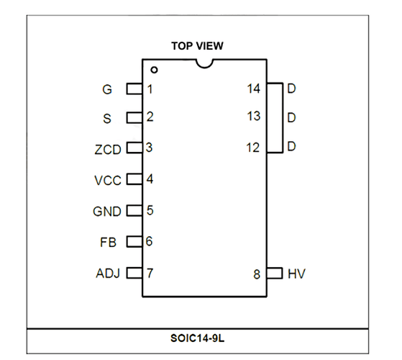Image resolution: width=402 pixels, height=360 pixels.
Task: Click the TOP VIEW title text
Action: click(197, 46)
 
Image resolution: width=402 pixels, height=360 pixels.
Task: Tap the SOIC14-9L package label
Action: click(198, 338)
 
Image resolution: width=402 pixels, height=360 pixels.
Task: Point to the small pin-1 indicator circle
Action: click(154, 70)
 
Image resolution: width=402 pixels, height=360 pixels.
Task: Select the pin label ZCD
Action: click(108, 150)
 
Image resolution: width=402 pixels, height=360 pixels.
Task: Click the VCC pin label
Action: click(108, 181)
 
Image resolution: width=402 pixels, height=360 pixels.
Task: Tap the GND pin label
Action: click(107, 212)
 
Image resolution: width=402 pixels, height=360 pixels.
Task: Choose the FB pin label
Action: click(108, 243)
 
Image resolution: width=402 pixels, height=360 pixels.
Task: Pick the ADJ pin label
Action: click(108, 274)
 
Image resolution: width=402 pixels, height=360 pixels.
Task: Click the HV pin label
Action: click(296, 274)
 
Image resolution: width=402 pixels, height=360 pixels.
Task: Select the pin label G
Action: click(107, 89)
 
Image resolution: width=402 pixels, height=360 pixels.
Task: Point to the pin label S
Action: click(107, 119)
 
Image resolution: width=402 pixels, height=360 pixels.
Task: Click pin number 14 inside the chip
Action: click(254, 89)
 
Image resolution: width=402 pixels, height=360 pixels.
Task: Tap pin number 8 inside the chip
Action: click(257, 274)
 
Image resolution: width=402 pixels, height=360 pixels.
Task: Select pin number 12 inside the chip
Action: click(253, 148)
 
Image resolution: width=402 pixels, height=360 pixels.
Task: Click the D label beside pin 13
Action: click(291, 118)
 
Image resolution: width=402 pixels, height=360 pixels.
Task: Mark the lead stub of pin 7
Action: click(134, 273)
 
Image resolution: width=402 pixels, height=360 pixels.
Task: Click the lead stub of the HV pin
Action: click(275, 273)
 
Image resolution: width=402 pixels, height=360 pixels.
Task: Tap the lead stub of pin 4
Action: click(134, 179)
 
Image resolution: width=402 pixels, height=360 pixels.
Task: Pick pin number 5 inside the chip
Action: click(150, 210)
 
